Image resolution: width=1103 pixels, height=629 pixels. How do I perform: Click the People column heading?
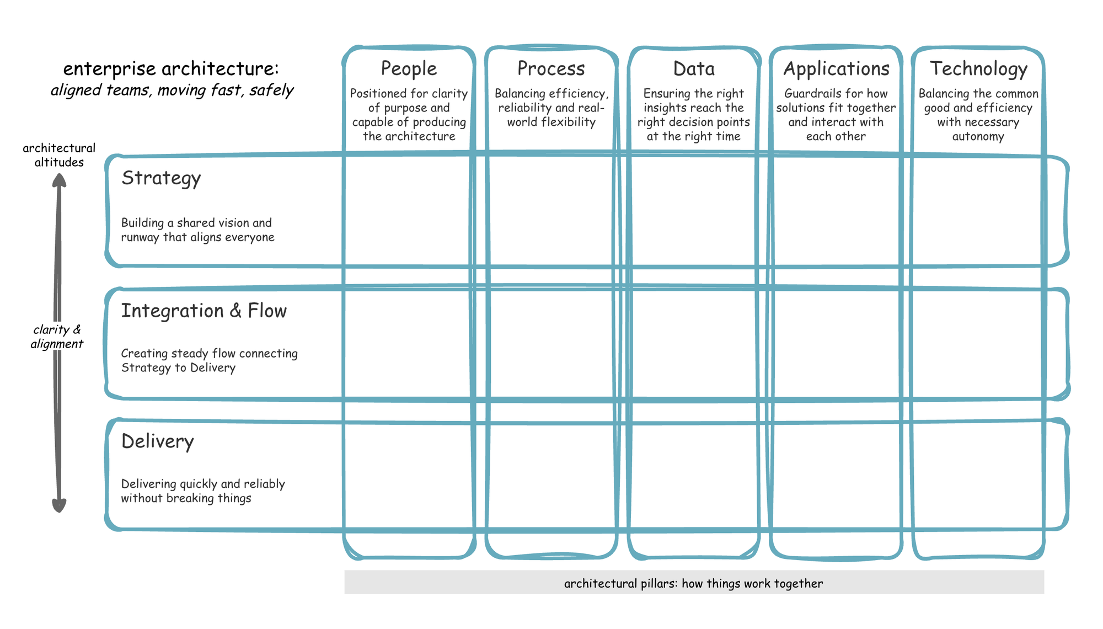coord(409,69)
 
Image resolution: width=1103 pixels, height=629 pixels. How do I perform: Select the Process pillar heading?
coord(551,69)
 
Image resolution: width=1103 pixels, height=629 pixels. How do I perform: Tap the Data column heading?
coord(694,69)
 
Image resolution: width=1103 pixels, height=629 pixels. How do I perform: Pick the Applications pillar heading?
coord(836,69)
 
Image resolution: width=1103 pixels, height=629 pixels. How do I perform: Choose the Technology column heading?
coord(978,69)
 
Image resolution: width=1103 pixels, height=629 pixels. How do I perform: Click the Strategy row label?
coord(161,178)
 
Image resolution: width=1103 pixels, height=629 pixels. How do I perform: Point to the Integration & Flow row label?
coord(204,311)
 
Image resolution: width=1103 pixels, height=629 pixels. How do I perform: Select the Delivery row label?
coord(158,441)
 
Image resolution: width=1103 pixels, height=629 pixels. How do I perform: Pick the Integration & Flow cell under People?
coord(409,343)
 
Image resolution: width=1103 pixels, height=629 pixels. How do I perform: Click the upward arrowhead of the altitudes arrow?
coord(59,181)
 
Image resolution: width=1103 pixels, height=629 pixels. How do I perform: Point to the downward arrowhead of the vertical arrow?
coord(59,505)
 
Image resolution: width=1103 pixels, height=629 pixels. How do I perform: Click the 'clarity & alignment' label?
coord(57,337)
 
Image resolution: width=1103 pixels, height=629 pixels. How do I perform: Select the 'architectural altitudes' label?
coord(59,155)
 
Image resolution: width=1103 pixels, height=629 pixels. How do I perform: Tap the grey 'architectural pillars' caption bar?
coord(694,583)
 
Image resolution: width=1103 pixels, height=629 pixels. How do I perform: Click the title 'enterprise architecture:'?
coord(171,69)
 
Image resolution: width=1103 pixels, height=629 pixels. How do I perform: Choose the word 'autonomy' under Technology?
coord(978,137)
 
